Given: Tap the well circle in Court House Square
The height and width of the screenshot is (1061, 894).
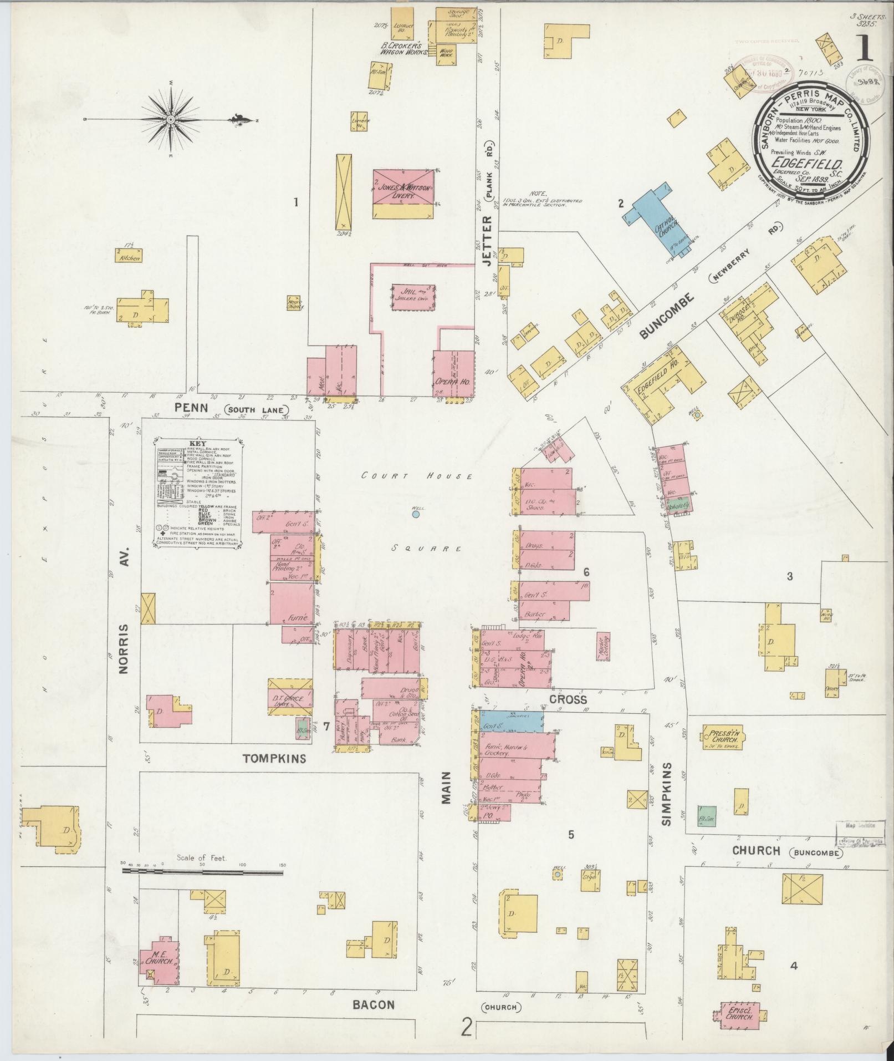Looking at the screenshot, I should [x=416, y=515].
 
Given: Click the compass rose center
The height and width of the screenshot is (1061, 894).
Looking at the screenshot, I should [x=171, y=120].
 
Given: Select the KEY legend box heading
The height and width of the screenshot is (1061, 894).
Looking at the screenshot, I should [x=198, y=444].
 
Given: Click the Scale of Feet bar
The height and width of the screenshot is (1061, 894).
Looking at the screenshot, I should [x=202, y=887].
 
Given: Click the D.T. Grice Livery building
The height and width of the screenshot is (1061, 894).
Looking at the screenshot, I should [x=290, y=697].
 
